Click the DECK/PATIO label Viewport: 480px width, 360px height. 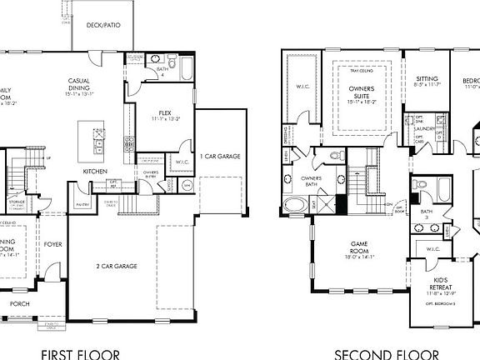pyautogui.click(x=103, y=25)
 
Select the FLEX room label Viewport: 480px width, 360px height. pyautogui.click(x=165, y=115)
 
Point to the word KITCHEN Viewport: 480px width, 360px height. pyautogui.click(x=94, y=172)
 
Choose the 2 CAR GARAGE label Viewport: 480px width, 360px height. pyautogui.click(x=116, y=266)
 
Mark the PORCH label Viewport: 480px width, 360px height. pyautogui.click(x=19, y=304)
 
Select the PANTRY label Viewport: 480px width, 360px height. pyautogui.click(x=82, y=204)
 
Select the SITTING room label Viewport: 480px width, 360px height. pyautogui.click(x=427, y=81)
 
